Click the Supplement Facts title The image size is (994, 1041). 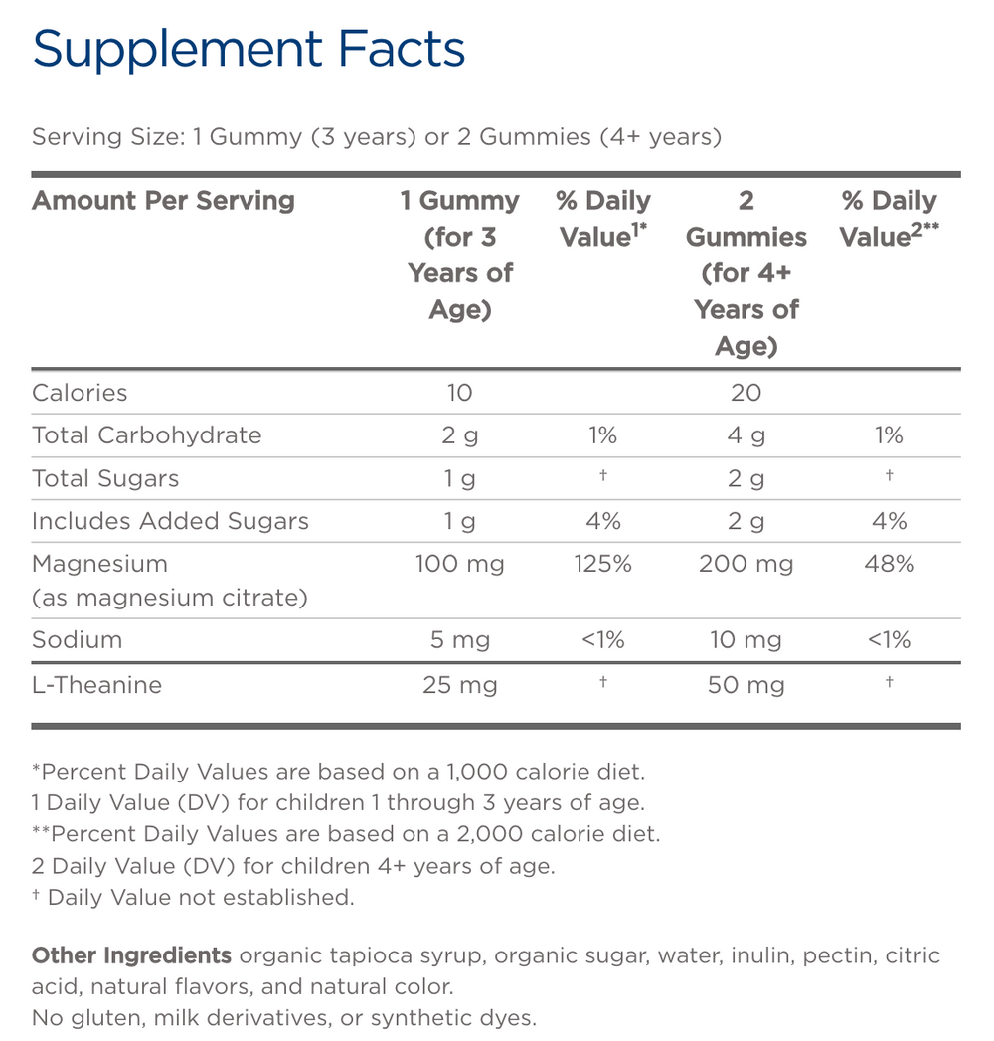pyautogui.click(x=248, y=50)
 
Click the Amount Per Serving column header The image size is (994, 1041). pyautogui.click(x=163, y=200)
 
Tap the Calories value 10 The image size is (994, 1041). pyautogui.click(x=459, y=392)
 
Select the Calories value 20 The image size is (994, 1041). pyautogui.click(x=745, y=392)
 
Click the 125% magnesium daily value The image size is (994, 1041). pyautogui.click(x=602, y=564)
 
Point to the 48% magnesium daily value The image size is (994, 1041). pyautogui.click(x=889, y=564)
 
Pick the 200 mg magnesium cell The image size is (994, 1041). pyautogui.click(x=745, y=564)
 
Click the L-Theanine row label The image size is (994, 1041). pyautogui.click(x=96, y=685)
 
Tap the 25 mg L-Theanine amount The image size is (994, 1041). pyautogui.click(x=459, y=685)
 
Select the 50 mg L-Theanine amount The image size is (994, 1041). pyautogui.click(x=745, y=685)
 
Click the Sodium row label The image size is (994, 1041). pyautogui.click(x=77, y=639)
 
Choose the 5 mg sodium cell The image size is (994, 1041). pyautogui.click(x=459, y=639)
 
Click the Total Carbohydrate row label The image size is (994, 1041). pyautogui.click(x=146, y=434)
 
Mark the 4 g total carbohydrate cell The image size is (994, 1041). pyautogui.click(x=745, y=434)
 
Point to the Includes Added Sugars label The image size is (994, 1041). pyautogui.click(x=170, y=521)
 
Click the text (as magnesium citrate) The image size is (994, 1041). pyautogui.click(x=169, y=598)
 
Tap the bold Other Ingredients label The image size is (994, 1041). pyautogui.click(x=131, y=955)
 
